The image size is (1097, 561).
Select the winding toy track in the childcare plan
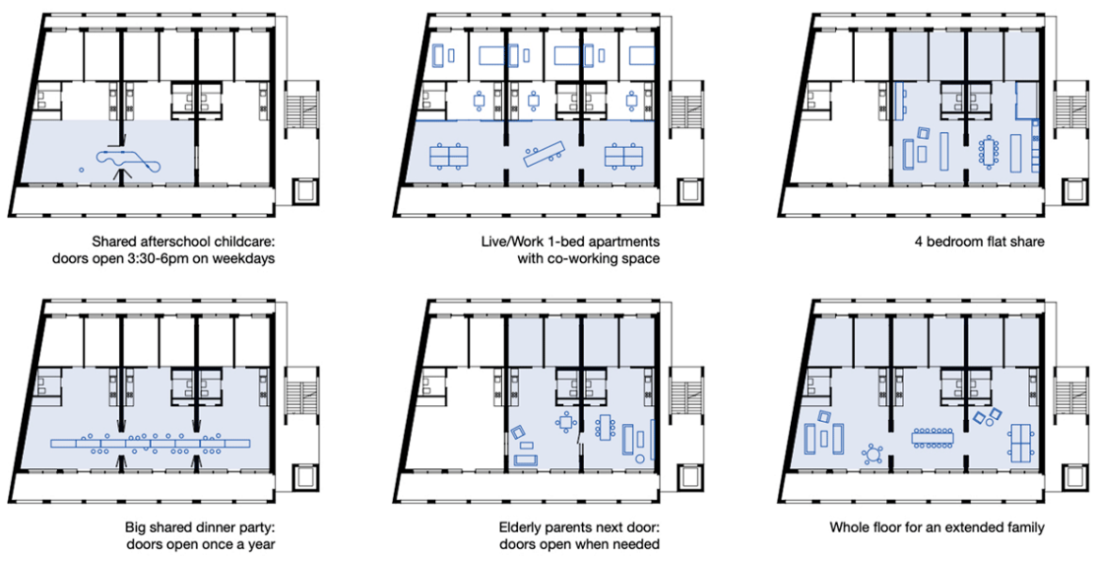click(x=130, y=159)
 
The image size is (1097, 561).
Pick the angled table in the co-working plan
click(x=546, y=154)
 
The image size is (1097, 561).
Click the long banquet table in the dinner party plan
click(x=151, y=444)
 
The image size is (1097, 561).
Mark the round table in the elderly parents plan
click(x=565, y=422)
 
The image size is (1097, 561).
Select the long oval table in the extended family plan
click(x=933, y=438)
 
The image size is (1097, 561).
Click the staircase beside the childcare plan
click(x=301, y=110)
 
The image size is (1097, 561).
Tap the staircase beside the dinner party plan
click(x=301, y=397)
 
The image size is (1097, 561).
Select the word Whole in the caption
click(x=847, y=526)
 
